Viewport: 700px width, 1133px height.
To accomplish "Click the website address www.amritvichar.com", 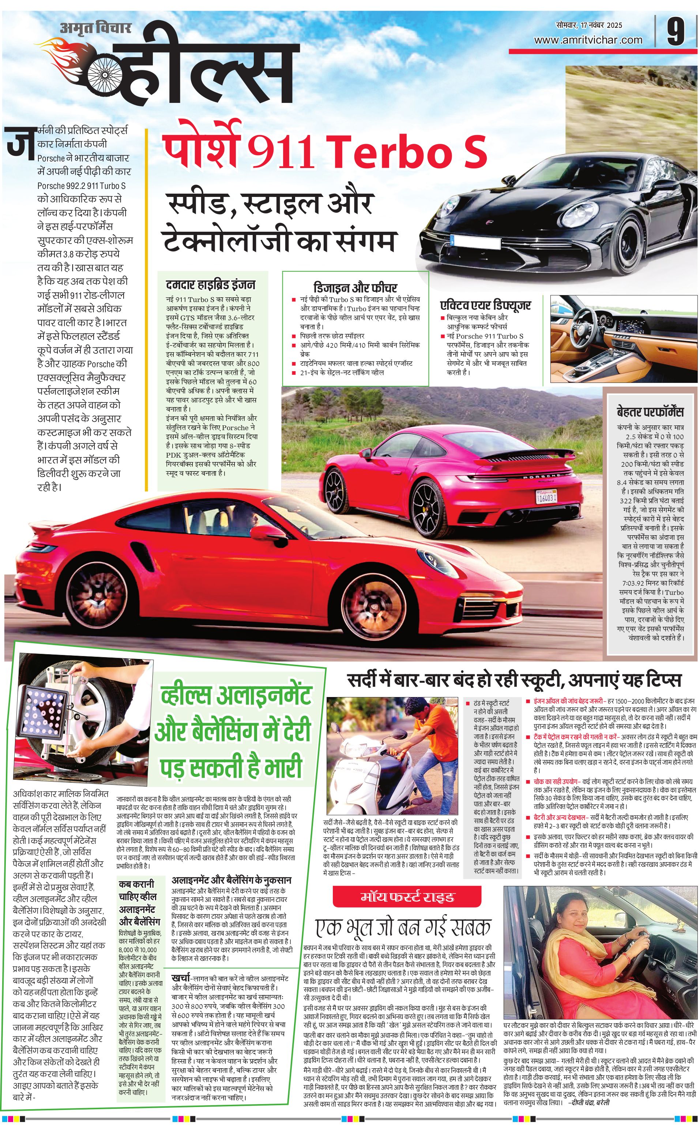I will click(x=588, y=40).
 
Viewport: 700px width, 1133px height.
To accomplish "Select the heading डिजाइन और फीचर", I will click(x=355, y=287).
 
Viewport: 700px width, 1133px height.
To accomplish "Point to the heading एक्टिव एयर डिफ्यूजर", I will click(x=485, y=305).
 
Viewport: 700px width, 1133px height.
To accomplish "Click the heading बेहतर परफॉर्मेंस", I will click(x=650, y=411).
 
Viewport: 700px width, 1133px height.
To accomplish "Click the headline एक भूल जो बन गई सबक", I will click(x=403, y=928).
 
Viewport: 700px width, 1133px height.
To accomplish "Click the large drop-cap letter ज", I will click(x=20, y=141).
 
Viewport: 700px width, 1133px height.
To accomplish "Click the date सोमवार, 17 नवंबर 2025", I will click(x=589, y=25).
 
